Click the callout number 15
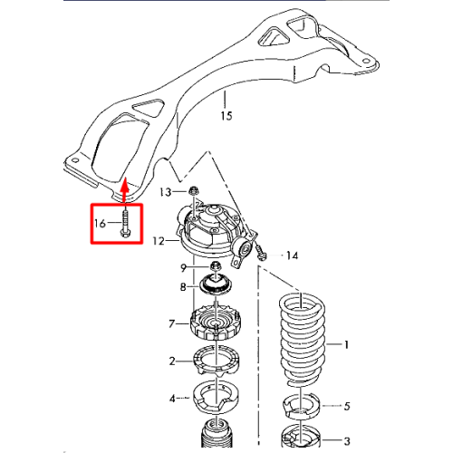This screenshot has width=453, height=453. tap(226, 115)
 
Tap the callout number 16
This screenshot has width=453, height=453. tap(100, 224)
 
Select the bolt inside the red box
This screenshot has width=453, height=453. tap(125, 224)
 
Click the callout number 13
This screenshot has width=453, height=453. tap(165, 192)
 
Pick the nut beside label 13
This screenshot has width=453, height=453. tap(192, 191)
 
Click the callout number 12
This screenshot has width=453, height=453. tap(159, 241)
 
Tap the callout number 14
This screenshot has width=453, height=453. tap(292, 255)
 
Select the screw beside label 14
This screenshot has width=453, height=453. tap(260, 253)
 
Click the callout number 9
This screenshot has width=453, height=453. tap(183, 267)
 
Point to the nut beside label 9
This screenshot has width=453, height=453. tap(216, 265)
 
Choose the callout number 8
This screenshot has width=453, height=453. tap(183, 286)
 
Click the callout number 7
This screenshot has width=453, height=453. tap(171, 323)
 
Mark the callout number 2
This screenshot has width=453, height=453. tap(172, 361)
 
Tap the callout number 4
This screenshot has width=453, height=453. tap(172, 399)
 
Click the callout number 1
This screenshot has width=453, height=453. tap(346, 344)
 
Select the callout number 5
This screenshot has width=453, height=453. tap(347, 406)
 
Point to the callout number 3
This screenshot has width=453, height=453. tap(347, 441)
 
